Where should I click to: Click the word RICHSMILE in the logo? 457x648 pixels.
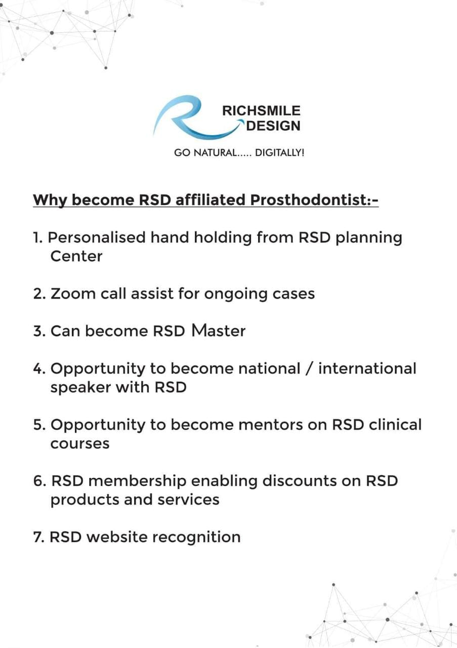click(x=262, y=111)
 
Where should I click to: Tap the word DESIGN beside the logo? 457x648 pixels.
click(x=273, y=126)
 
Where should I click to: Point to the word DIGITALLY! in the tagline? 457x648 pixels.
click(x=280, y=153)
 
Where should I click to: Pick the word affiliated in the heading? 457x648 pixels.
click(x=210, y=199)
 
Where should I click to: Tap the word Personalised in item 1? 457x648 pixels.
click(x=97, y=237)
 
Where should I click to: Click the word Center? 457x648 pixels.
click(x=76, y=256)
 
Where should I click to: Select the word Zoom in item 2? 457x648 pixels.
click(x=73, y=294)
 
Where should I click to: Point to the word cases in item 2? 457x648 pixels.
click(x=294, y=294)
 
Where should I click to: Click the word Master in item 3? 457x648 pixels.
click(x=218, y=331)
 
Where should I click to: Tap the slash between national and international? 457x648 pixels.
click(x=310, y=369)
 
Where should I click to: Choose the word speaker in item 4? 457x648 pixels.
click(x=80, y=388)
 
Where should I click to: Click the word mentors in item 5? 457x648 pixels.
click(x=283, y=425)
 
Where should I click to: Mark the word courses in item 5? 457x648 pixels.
click(x=80, y=444)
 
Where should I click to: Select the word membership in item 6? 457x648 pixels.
click(x=137, y=481)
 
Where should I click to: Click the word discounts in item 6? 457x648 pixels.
click(x=299, y=481)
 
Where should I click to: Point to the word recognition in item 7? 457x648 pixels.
click(x=196, y=538)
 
